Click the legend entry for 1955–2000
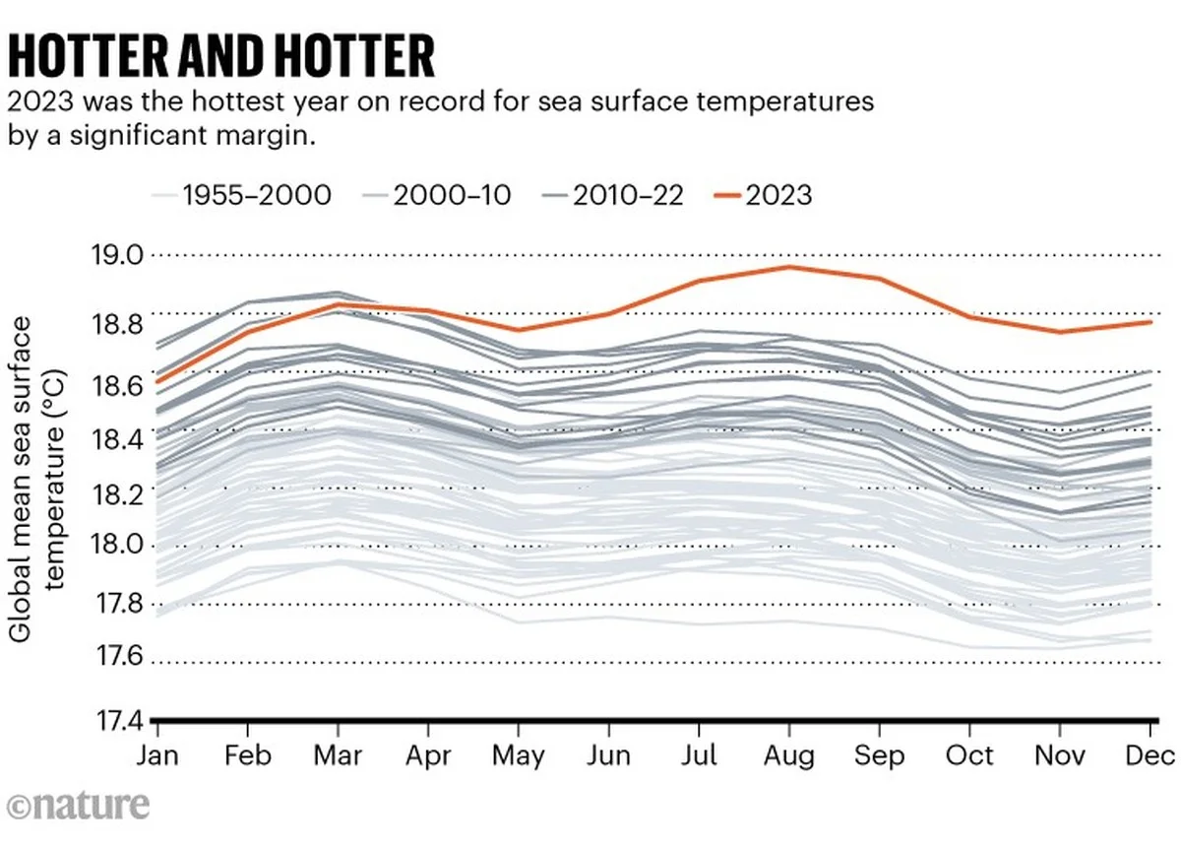tap(244, 194)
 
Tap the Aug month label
tap(788, 756)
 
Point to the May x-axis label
tap(519, 756)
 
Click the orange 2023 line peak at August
tap(788, 267)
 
